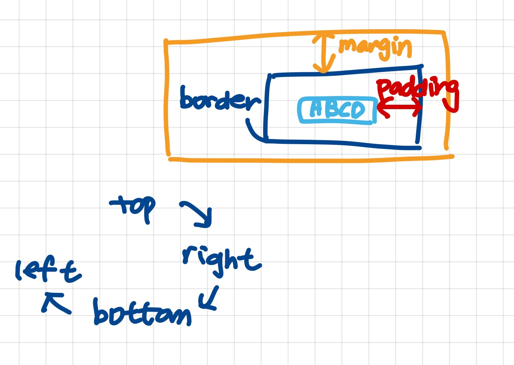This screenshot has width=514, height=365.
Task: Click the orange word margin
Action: (x=375, y=48)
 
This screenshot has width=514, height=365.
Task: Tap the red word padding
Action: (x=417, y=89)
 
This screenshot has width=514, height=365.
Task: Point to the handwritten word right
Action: (x=221, y=259)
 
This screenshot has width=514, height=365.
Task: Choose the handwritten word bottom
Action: (x=142, y=314)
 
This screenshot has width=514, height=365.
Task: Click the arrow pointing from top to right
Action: (x=197, y=214)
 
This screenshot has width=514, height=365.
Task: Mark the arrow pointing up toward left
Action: (x=55, y=303)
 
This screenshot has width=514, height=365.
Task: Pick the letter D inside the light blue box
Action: (x=357, y=110)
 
